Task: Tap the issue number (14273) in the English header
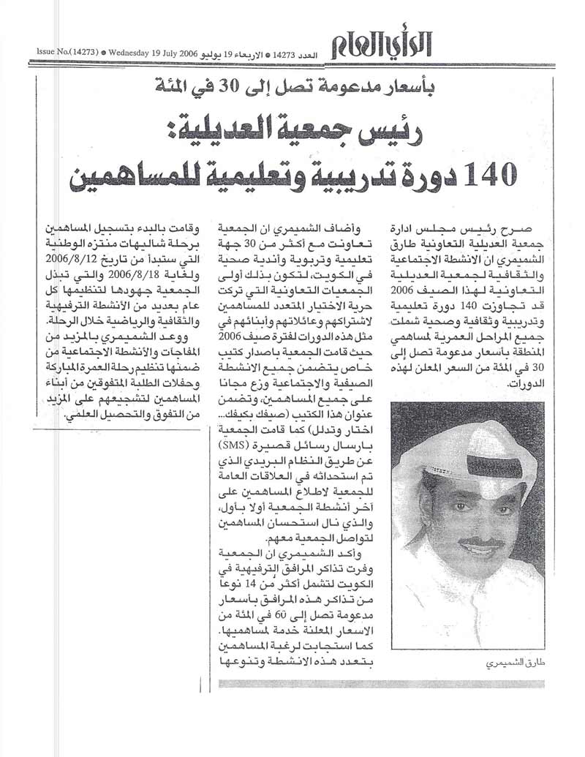(x=81, y=53)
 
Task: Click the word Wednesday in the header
(x=132, y=53)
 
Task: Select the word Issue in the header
(x=48, y=53)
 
